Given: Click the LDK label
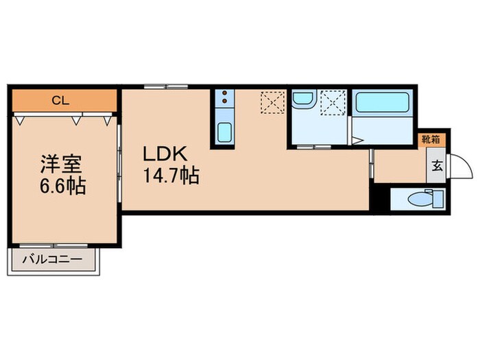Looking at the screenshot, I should [165, 154].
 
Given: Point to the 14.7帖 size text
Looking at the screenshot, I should [171, 176].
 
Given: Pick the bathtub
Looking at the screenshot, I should [383, 104].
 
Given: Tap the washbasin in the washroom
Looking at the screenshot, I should [302, 101].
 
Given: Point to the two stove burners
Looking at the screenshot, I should [223, 101].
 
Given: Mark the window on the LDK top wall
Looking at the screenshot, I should [166, 87].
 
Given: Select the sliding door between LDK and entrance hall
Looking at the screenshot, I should [372, 164].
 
